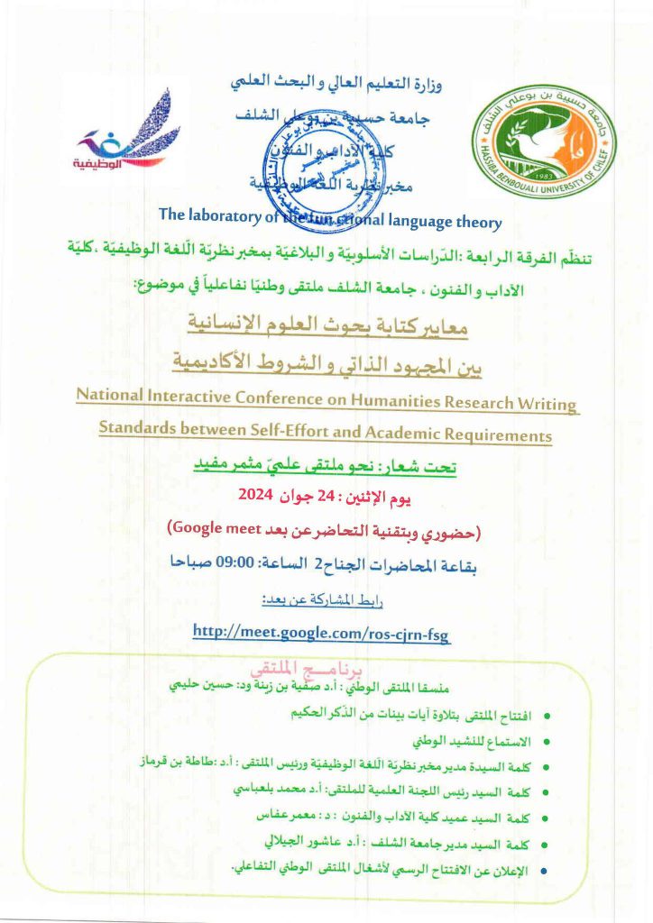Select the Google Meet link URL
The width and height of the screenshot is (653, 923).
pos(321,633)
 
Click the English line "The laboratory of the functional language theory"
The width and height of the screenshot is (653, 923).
pos(329,216)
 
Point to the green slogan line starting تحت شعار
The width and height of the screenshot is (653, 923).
pos(326,467)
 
